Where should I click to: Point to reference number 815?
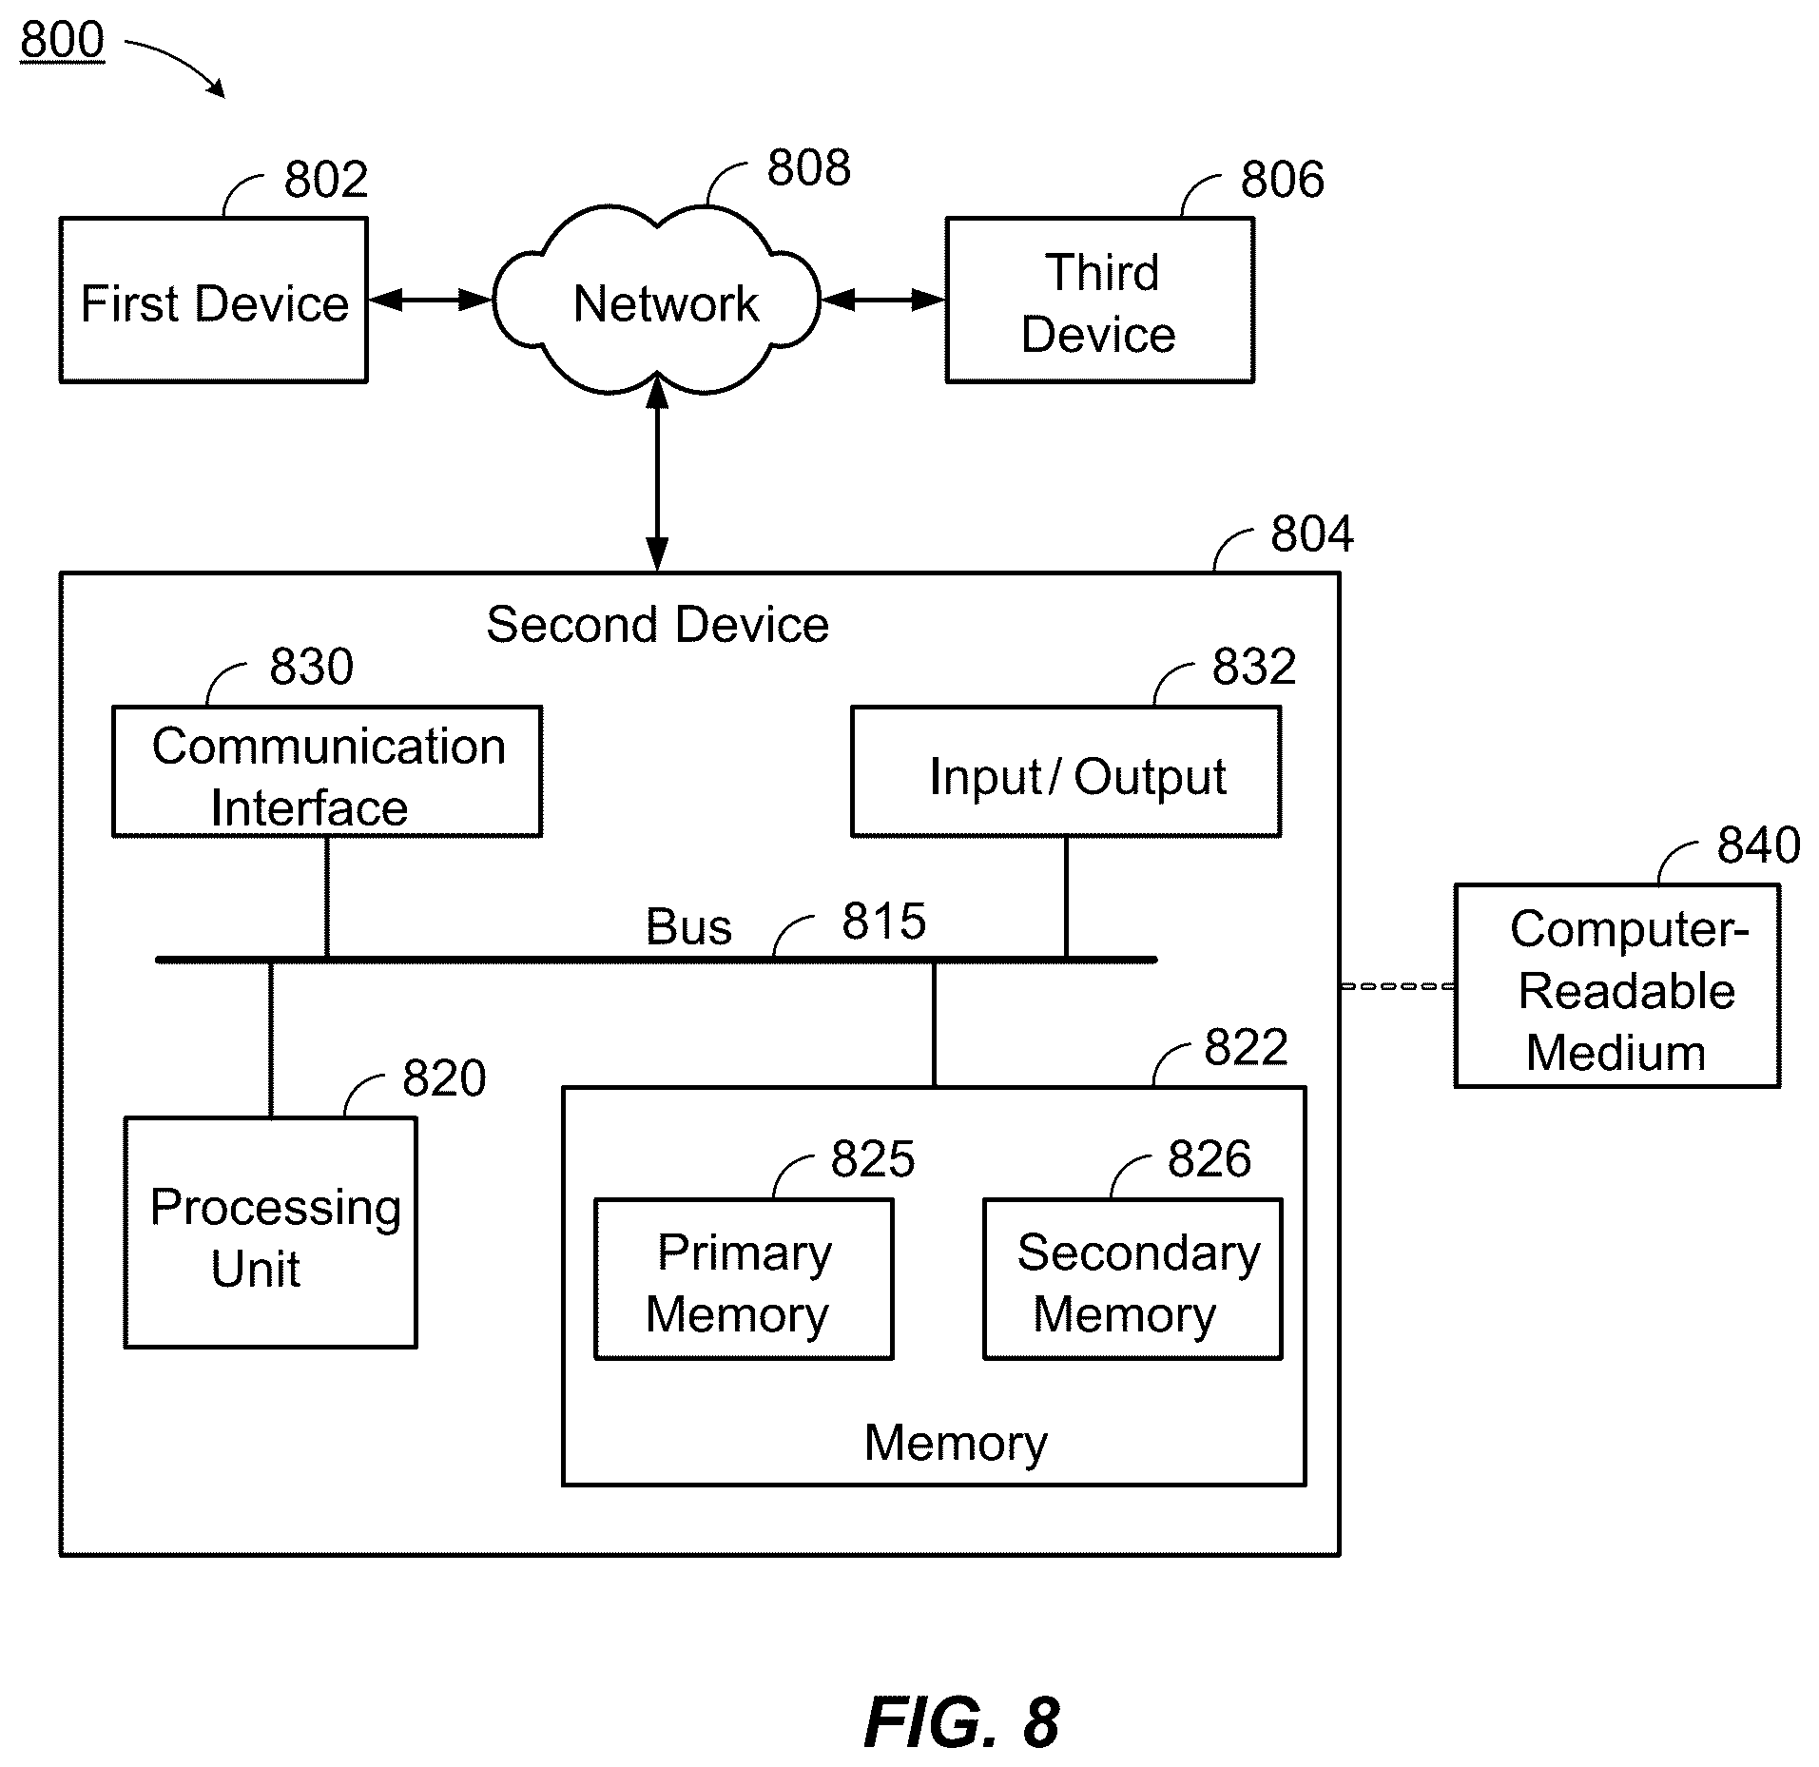click(x=883, y=922)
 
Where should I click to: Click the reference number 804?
click(x=1312, y=534)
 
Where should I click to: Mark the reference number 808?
click(x=809, y=168)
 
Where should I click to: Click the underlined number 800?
click(x=62, y=40)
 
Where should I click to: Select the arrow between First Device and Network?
click(x=430, y=301)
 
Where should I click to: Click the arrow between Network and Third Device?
click(x=882, y=301)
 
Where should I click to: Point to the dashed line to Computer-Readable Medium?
click(x=1398, y=986)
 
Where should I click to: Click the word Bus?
click(x=688, y=927)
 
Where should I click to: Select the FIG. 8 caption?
click(x=961, y=1722)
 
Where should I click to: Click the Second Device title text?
click(x=657, y=625)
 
